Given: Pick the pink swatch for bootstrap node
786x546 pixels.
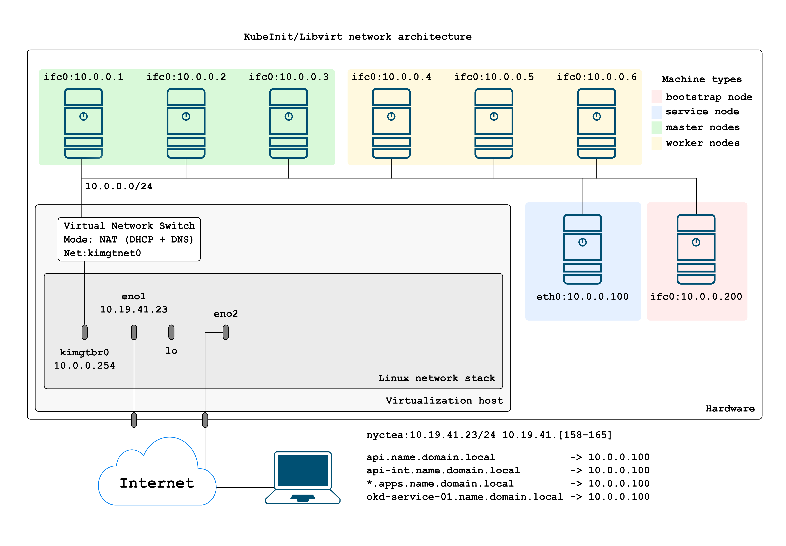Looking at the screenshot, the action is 656,97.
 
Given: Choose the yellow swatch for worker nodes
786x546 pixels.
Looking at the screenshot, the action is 656,143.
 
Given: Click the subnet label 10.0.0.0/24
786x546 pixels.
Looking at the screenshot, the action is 118,186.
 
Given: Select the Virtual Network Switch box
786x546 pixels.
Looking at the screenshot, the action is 129,239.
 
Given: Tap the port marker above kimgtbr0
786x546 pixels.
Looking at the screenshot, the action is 85,332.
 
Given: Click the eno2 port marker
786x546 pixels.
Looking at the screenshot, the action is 225,332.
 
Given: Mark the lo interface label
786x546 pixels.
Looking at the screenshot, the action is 171,351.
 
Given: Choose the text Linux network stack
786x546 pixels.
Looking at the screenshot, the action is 436,378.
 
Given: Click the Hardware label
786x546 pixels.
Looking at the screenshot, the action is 730,408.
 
